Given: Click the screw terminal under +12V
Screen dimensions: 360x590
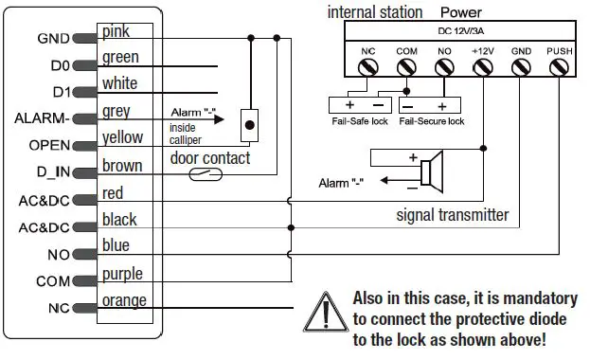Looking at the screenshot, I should pos(483,68).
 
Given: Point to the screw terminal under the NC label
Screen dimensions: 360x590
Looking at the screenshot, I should pos(367,68).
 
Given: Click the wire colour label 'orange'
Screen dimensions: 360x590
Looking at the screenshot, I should pos(125,300).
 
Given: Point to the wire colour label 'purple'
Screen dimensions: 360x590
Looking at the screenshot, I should pos(123,274).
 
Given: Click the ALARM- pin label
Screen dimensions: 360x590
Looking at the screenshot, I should pos(43,119).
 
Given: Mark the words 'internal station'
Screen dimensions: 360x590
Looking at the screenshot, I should pos(374,11).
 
